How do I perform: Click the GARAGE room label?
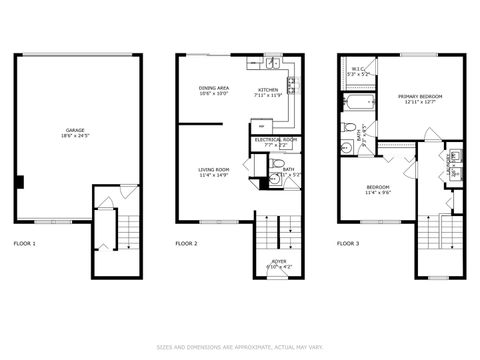[74, 129]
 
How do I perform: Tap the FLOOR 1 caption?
[24, 243]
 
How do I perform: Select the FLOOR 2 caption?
[186, 243]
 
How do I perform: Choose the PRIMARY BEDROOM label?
[423, 96]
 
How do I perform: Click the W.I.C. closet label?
[357, 69]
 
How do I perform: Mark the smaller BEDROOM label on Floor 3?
[377, 187]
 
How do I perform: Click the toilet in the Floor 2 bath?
[280, 165]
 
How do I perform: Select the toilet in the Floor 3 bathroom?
[347, 147]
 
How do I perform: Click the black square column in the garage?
[19, 181]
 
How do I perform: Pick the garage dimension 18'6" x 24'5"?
[74, 135]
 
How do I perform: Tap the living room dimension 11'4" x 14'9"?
[214, 176]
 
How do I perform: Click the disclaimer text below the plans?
[240, 347]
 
